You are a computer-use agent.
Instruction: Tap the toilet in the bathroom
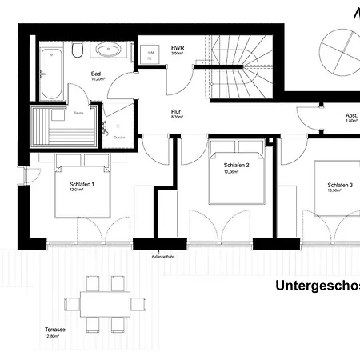point(78,51)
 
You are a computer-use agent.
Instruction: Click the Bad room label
point(95,74)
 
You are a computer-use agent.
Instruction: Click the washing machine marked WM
point(150,54)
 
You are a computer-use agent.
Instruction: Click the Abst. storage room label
point(351,115)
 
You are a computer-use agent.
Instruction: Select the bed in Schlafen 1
point(81,192)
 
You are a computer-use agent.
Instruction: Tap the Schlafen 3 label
point(340,184)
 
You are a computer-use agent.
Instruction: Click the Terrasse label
point(55,330)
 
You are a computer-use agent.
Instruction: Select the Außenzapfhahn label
point(163,258)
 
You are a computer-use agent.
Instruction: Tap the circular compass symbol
point(340,52)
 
